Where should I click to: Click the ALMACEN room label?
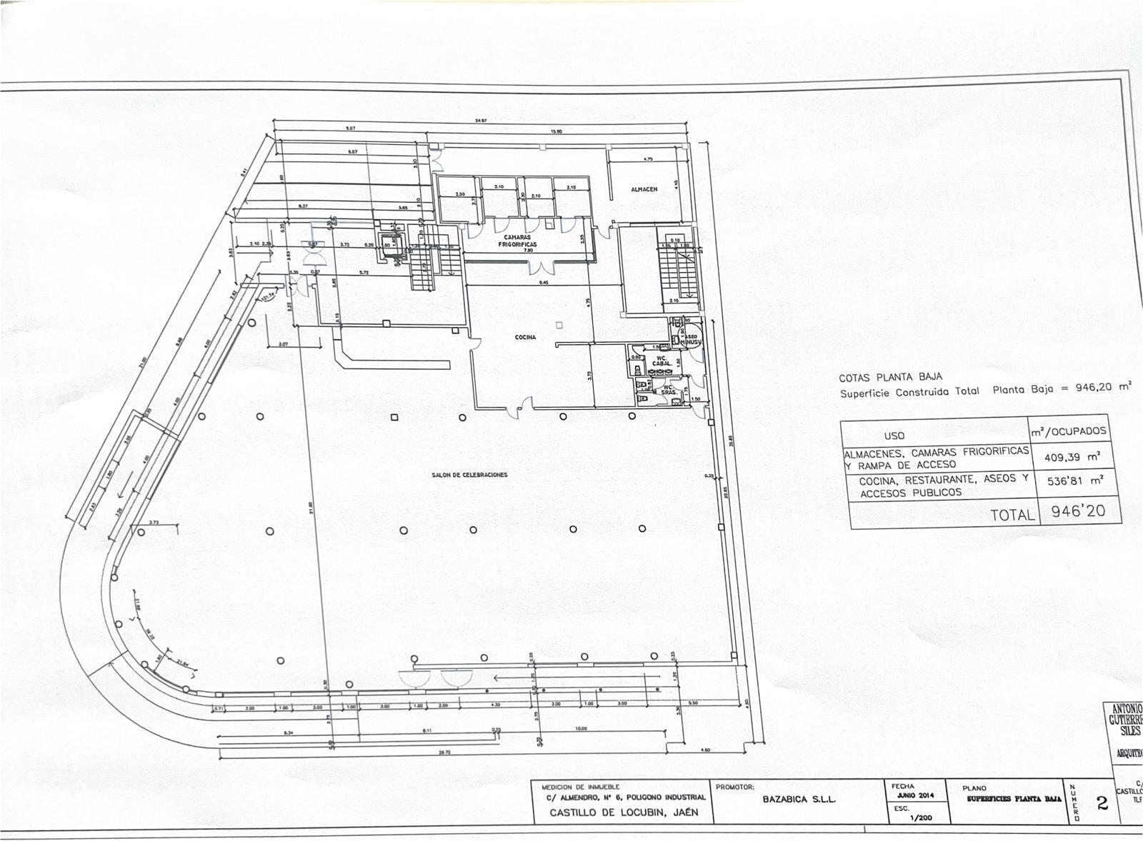pos(644,189)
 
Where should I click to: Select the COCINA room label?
pos(525,338)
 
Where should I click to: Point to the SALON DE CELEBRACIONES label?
pos(469,475)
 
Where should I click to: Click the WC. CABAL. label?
pos(661,360)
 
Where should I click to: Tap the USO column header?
pos(894,435)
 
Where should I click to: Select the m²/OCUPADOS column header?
pos(1068,431)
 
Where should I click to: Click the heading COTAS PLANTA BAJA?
pos(891,377)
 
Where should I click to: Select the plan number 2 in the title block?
pos(1102,804)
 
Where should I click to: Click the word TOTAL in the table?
pos(1012,515)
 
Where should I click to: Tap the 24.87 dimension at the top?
pos(481,121)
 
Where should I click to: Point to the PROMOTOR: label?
pos(735,787)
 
